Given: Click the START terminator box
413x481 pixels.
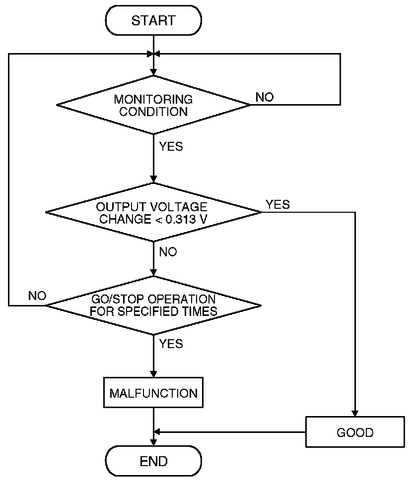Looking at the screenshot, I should [x=153, y=20].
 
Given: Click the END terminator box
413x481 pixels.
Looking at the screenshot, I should [x=153, y=461].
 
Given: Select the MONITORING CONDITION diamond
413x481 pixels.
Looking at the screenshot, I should [x=153, y=105].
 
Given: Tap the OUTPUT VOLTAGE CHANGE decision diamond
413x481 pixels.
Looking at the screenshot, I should [x=153, y=212].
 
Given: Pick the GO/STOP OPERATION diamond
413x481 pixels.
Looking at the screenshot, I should [x=153, y=305].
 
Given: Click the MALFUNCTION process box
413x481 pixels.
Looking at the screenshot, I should [x=153, y=393].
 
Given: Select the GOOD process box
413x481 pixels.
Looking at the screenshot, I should [x=355, y=432].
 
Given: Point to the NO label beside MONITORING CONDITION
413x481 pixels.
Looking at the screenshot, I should [x=265, y=97].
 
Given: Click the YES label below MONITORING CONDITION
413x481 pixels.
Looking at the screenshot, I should [x=171, y=146].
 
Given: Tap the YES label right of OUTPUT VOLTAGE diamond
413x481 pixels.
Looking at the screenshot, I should [x=278, y=204].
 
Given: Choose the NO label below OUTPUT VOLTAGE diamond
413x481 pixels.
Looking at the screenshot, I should [x=168, y=252].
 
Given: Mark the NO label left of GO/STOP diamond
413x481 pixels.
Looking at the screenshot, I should [x=37, y=296].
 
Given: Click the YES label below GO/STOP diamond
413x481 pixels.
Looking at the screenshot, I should [x=171, y=344].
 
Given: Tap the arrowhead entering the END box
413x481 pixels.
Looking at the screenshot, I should [x=153, y=443].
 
